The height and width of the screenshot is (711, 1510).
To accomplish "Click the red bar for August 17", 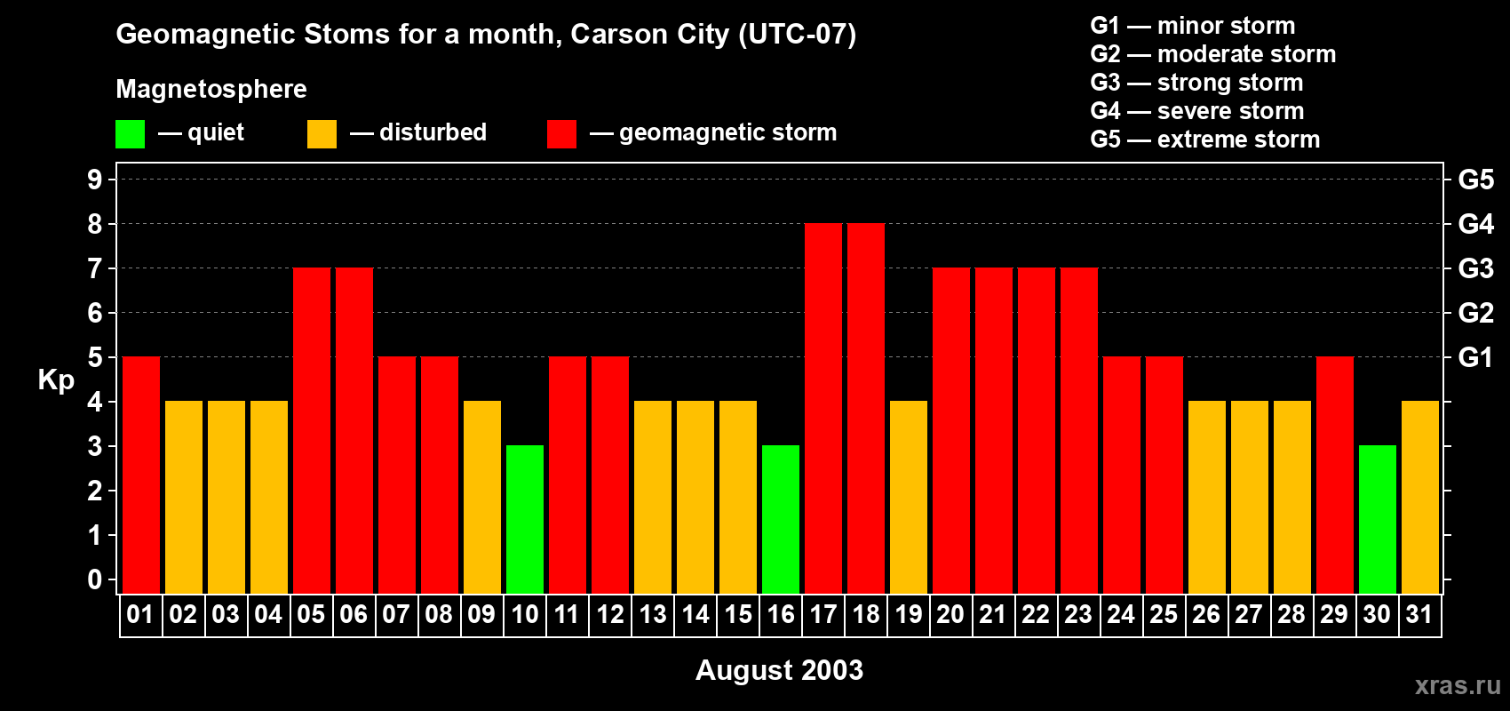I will pyautogui.click(x=823, y=409).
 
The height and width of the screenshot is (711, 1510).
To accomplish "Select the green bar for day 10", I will pyautogui.click(x=525, y=519).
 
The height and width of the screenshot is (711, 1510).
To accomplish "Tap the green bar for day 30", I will pyautogui.click(x=1378, y=519).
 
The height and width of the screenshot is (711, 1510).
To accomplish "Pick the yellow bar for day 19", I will pyautogui.click(x=909, y=498).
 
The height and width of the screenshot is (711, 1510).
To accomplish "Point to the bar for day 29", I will pyautogui.click(x=1335, y=475).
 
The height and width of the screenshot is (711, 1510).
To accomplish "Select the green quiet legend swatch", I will pyautogui.click(x=130, y=134).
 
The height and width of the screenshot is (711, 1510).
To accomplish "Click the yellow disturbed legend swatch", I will pyautogui.click(x=322, y=134).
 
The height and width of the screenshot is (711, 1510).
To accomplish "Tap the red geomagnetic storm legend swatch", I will pyautogui.click(x=561, y=134).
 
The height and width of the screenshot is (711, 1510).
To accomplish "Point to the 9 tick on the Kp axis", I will pyautogui.click(x=95, y=180).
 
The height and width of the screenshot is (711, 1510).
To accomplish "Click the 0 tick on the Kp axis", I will pyautogui.click(x=95, y=580).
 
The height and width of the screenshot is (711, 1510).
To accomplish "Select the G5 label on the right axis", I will pyautogui.click(x=1475, y=180).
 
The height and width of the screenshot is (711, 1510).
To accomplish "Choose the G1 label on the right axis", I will pyautogui.click(x=1475, y=357).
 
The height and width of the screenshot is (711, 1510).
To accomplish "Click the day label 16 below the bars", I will pyautogui.click(x=781, y=615).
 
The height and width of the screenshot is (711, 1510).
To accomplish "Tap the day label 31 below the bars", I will pyautogui.click(x=1419, y=615).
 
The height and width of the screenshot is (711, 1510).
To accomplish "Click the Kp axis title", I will pyautogui.click(x=56, y=380).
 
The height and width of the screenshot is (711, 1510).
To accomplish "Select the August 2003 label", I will pyautogui.click(x=779, y=670).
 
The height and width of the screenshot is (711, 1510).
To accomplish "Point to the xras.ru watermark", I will pyautogui.click(x=1458, y=685).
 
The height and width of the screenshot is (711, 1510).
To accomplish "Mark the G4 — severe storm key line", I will pyautogui.click(x=1196, y=111).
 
